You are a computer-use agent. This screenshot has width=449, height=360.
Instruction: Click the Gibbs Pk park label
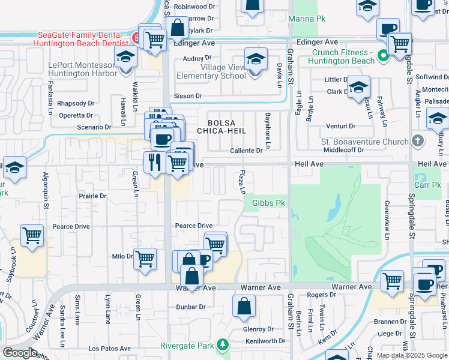[x=268, y=203]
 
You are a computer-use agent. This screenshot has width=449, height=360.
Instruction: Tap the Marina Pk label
[x=306, y=19]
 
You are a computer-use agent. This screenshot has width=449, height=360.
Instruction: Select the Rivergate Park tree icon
[x=223, y=344]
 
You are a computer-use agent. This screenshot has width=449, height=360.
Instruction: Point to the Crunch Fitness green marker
[x=382, y=58]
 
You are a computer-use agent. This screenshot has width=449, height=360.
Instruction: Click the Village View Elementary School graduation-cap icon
[x=256, y=60]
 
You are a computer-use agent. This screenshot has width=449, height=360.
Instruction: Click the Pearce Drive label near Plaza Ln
[x=193, y=226]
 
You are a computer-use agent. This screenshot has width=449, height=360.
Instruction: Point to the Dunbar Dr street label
[x=191, y=307]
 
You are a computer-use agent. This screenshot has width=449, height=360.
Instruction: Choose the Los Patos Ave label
[x=109, y=349]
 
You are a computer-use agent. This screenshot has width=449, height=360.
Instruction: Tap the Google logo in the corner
[x=19, y=353]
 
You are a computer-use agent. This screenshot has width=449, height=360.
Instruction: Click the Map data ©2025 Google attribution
[x=412, y=355]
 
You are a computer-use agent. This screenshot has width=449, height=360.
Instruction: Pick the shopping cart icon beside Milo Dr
[x=145, y=259]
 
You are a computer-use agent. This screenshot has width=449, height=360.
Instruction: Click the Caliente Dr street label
[x=247, y=151]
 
